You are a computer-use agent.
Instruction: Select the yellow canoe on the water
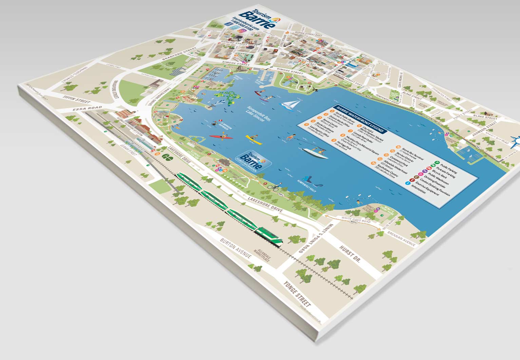[x=254, y=139]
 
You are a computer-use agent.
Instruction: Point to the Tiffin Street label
[x=77, y=99]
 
